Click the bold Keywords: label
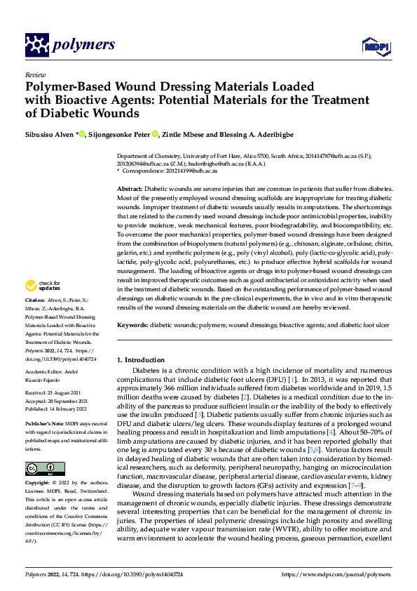[x=133, y=325]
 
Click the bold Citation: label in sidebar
[x=36, y=319]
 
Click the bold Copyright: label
[x=40, y=484]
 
